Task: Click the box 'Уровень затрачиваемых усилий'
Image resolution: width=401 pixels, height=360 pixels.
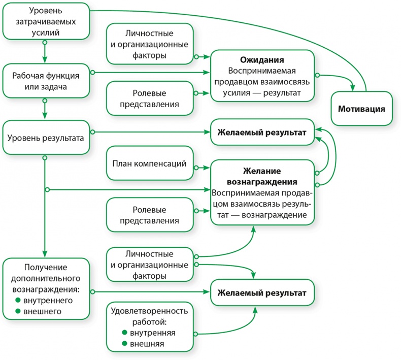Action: tap(45, 22)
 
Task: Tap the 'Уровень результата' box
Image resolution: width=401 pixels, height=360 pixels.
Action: tap(45, 137)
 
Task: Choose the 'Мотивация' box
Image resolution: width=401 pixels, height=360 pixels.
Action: tap(362, 109)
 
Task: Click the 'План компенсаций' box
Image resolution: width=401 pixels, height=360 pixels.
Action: tap(149, 164)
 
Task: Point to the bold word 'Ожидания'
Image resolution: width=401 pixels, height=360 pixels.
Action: tap(261, 60)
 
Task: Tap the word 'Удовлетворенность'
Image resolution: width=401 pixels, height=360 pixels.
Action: tap(149, 311)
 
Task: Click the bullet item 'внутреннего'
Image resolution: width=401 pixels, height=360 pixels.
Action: tap(49, 301)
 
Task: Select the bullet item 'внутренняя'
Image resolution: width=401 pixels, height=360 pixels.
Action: tap(153, 333)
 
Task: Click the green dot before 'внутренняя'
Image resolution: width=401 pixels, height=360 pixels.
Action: tap(124, 333)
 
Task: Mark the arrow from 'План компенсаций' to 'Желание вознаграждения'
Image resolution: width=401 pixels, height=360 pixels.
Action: tap(203, 166)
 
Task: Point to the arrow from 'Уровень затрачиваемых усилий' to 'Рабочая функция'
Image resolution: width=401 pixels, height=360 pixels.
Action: tap(45, 51)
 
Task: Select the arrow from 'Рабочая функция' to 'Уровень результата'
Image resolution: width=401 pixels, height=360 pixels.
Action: tap(45, 108)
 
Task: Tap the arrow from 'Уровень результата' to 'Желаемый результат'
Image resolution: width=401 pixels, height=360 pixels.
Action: tap(152, 133)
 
